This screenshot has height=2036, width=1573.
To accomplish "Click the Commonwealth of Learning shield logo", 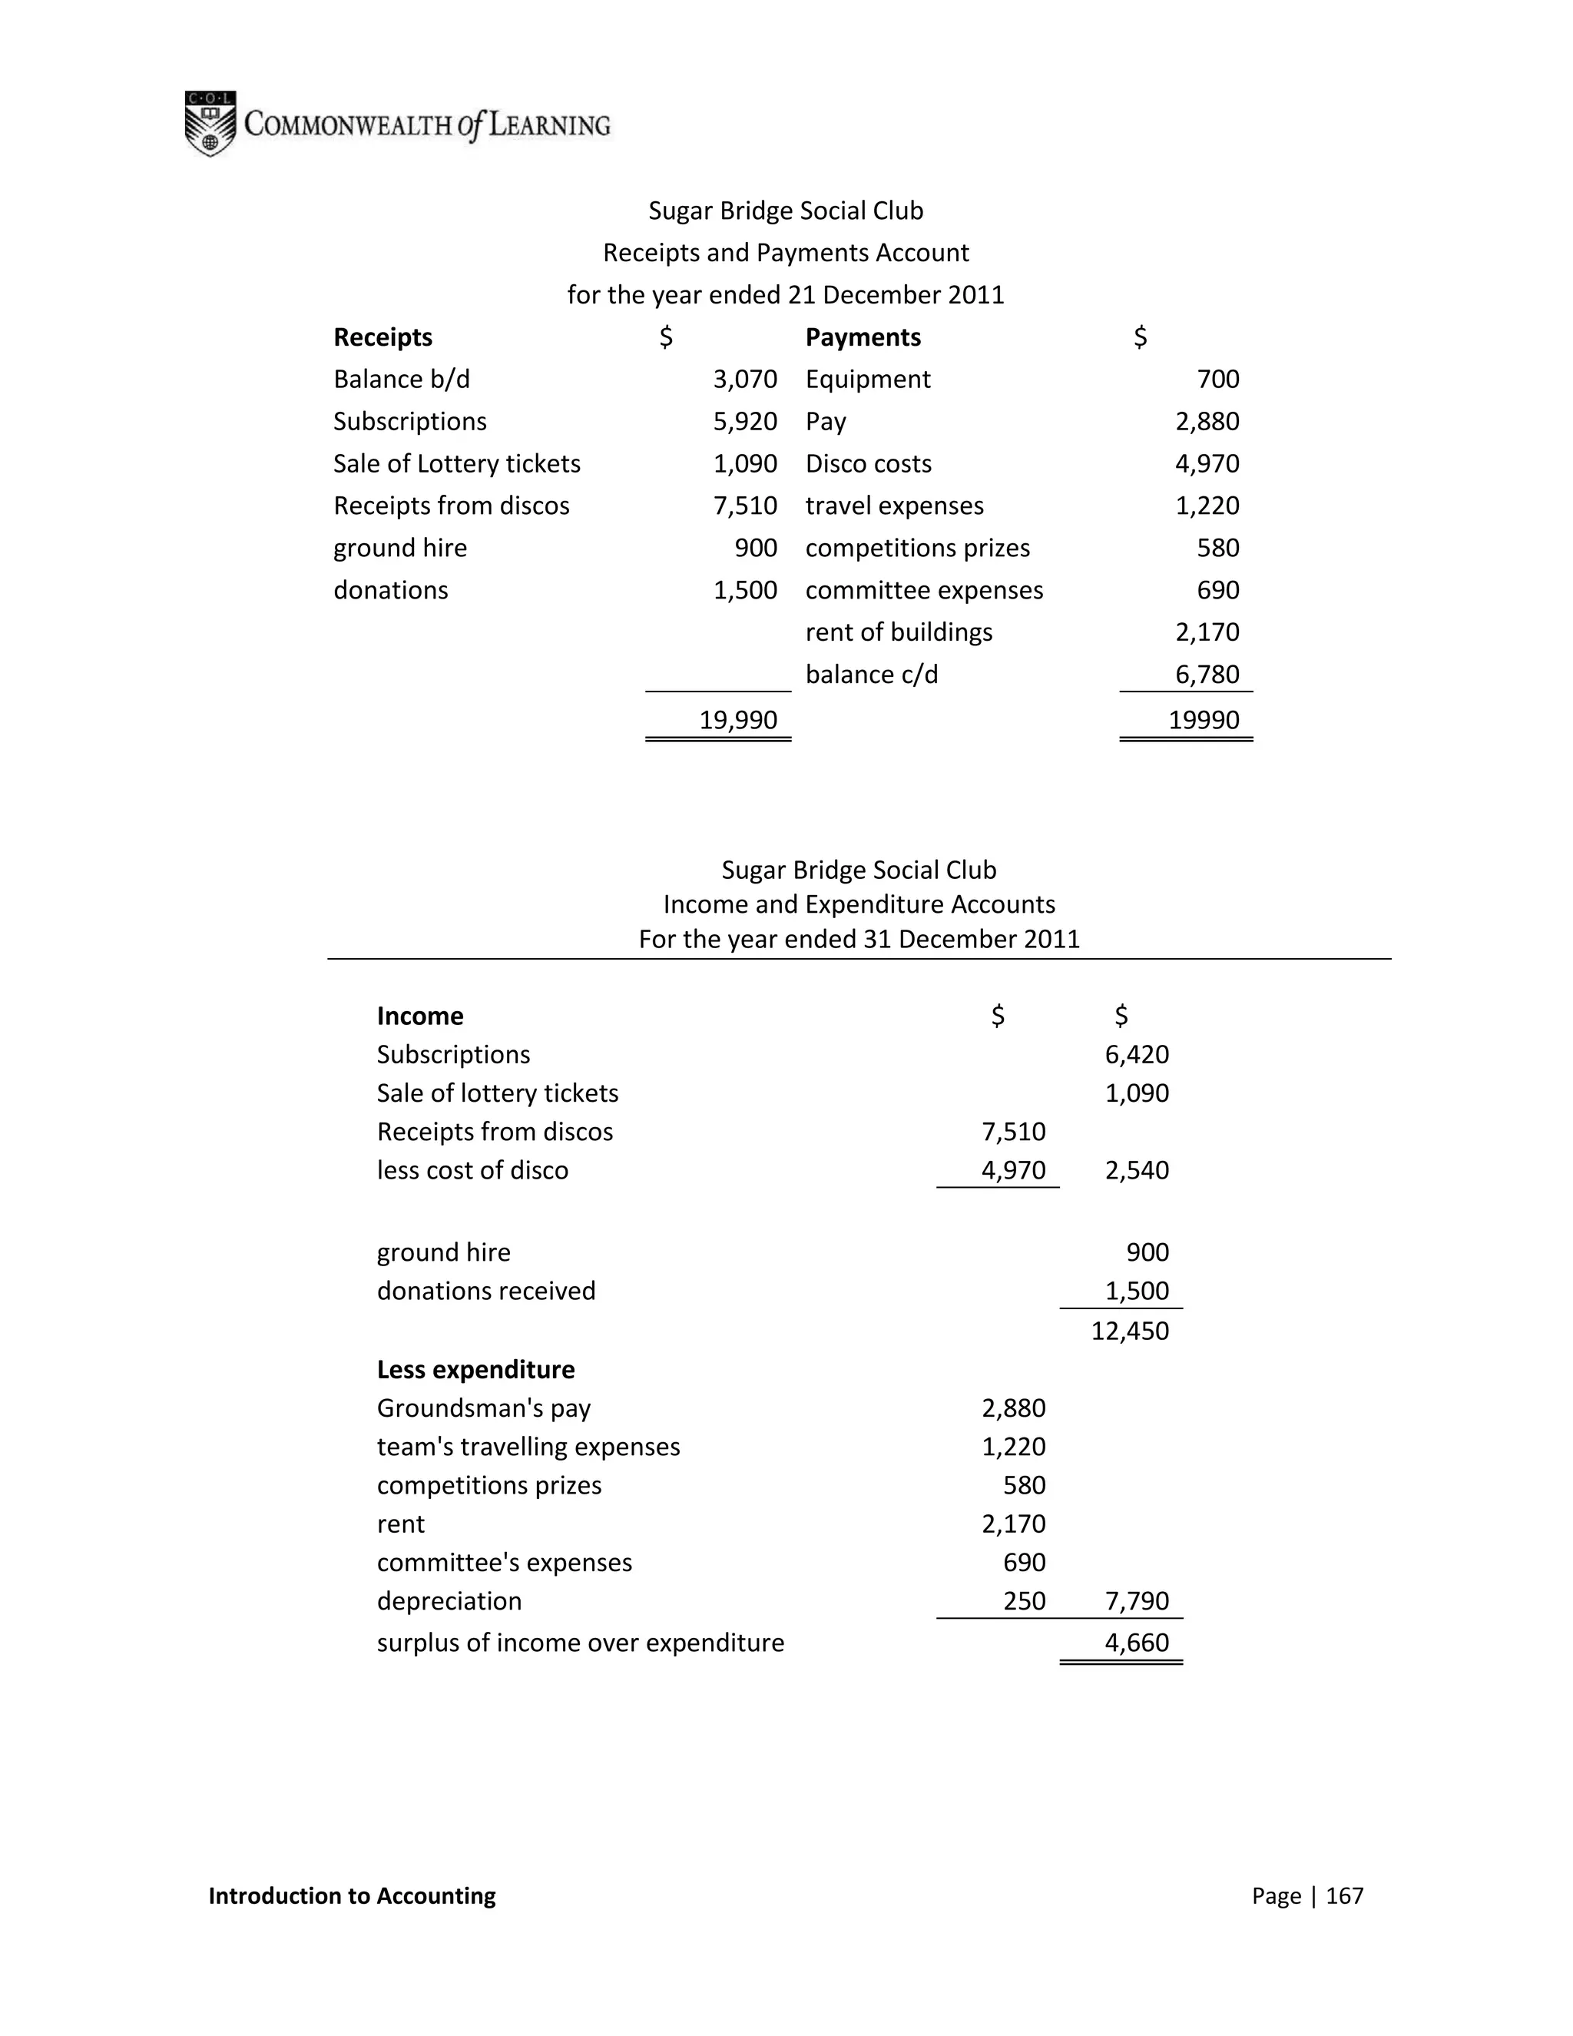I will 210,124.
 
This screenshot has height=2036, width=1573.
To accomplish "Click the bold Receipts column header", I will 383,337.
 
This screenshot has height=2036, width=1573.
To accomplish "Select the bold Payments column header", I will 863,337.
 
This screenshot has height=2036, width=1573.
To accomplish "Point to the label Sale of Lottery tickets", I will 457,463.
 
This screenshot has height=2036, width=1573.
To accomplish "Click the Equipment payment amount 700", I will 1218,380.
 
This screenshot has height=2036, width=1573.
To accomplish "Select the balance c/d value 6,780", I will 1207,674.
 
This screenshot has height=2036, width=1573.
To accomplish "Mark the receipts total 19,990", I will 738,720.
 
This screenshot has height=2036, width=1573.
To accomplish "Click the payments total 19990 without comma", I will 1204,720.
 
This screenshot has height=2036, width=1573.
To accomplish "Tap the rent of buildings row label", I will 899,632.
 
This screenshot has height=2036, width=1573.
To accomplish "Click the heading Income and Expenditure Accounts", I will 858,904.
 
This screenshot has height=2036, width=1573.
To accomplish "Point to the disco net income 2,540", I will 1137,1170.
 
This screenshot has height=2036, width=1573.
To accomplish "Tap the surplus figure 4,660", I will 1137,1643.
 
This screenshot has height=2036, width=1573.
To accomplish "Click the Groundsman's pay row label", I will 484,1408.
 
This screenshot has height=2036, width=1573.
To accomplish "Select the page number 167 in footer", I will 1344,1895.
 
